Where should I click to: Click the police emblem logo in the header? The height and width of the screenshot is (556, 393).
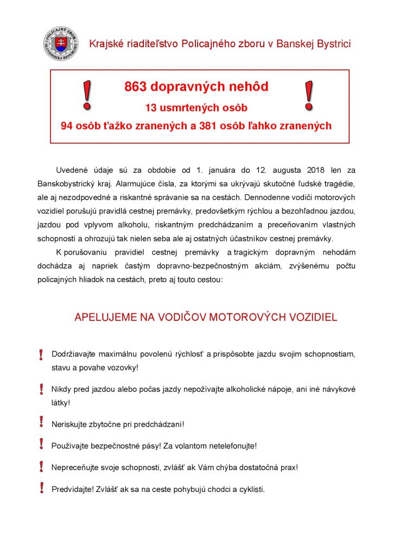click(x=61, y=43)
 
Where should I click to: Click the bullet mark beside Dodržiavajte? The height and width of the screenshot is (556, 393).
click(x=41, y=355)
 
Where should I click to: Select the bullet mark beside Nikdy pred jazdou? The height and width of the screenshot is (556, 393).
click(x=41, y=389)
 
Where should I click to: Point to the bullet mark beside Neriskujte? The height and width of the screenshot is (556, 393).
click(x=41, y=422)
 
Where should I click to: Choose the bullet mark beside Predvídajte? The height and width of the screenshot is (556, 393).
click(x=41, y=488)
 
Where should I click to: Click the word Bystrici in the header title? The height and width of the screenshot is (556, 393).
click(x=331, y=44)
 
